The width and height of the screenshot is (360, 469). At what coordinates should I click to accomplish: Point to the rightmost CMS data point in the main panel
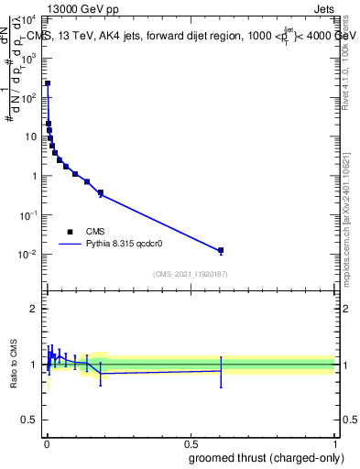[x=221, y=250]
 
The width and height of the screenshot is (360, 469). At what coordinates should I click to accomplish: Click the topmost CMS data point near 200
[x=48, y=83]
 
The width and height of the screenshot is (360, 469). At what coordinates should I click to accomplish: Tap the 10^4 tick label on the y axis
[x=30, y=19]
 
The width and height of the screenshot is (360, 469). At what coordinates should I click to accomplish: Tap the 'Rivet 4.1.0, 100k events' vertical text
[x=345, y=57]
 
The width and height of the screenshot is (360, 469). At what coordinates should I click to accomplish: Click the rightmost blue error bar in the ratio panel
[x=221, y=371]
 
